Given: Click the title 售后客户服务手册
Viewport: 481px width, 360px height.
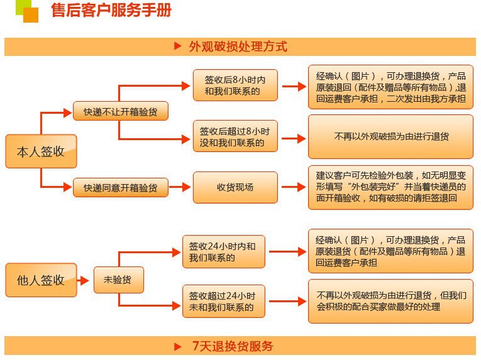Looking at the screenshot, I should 111,10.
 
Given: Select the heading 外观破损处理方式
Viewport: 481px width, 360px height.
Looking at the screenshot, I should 238,46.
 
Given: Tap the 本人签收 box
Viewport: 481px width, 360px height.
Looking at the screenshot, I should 41,151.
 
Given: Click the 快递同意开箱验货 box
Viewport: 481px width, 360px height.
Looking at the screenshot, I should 121,187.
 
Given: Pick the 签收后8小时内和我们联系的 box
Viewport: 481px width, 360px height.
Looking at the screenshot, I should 235,87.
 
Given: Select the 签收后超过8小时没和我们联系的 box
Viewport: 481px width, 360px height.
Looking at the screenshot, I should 235,137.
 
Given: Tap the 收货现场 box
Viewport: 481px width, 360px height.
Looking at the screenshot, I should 235,187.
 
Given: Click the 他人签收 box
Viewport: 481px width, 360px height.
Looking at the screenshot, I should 41,280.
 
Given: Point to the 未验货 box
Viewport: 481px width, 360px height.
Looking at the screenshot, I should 118,280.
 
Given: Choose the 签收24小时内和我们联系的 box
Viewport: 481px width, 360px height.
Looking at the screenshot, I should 223,252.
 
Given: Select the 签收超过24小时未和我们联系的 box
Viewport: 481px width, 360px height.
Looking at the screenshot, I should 223,301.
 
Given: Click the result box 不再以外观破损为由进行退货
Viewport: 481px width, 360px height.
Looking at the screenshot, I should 390,136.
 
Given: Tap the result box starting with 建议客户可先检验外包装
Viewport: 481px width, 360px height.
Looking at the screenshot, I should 390,187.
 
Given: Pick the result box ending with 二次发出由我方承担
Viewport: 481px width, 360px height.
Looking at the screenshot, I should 390,87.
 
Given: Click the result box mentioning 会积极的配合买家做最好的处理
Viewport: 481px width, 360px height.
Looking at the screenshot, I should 390,301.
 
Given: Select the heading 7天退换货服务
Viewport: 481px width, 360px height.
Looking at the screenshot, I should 233,346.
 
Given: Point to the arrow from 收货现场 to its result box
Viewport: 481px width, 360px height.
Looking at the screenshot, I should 293,187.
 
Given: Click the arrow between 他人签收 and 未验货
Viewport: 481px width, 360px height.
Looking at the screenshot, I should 85,280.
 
